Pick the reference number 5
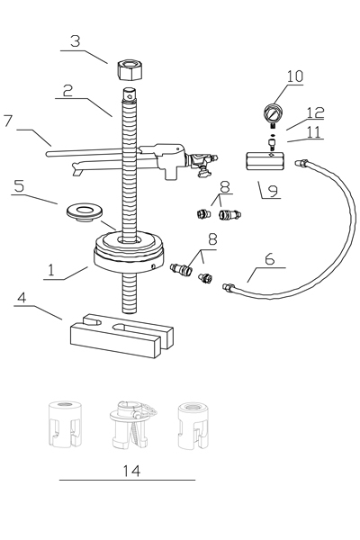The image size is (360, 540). point(20,186)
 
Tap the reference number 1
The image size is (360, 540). point(50,269)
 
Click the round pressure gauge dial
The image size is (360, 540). point(273,114)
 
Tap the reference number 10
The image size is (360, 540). point(295,76)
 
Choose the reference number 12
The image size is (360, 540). point(314,112)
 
